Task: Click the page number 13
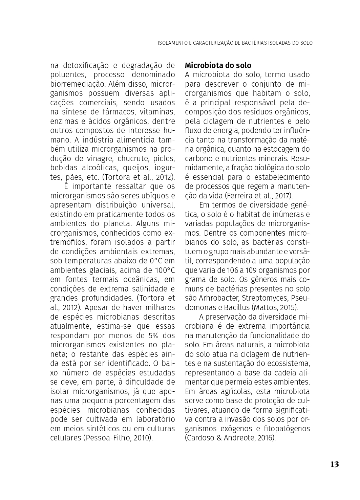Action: pyautogui.click(x=334, y=464)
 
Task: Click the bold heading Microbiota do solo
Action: pyautogui.click(x=218, y=65)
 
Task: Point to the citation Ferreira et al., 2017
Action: pyautogui.click(x=258, y=196)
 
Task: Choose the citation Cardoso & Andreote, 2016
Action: pyautogui.click(x=230, y=438)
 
